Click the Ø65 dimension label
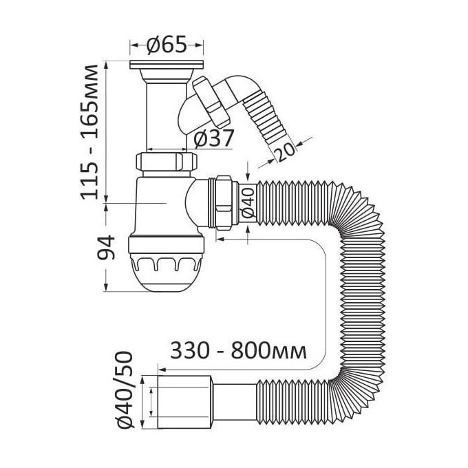(167, 45)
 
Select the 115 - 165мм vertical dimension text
(89, 132)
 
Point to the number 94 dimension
(106, 248)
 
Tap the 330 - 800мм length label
(238, 351)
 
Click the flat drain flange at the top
(167, 65)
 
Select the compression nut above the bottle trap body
(167, 162)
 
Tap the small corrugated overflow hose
(266, 119)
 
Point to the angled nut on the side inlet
(211, 101)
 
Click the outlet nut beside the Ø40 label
(223, 203)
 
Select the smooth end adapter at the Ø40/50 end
(184, 402)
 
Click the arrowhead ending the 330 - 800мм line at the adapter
(162, 370)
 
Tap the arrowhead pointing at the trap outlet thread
(220, 239)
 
